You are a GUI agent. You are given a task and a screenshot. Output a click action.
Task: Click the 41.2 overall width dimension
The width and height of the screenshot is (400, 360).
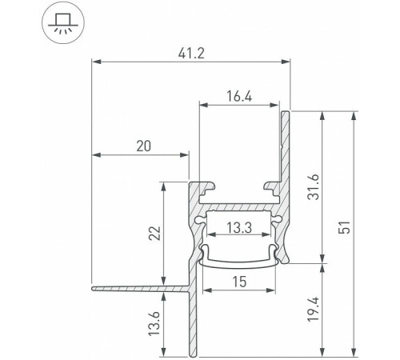pyautogui.click(x=190, y=53)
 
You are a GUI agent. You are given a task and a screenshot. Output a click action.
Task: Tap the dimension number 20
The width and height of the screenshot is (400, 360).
pyautogui.click(x=144, y=146)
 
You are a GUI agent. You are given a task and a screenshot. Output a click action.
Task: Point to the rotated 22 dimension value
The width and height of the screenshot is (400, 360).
pyautogui.click(x=156, y=232)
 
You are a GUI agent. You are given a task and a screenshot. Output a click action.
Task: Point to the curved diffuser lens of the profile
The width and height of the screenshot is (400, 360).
pyautogui.click(x=239, y=258)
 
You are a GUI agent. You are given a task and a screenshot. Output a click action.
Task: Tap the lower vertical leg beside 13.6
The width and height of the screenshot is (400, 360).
pyautogui.click(x=193, y=320)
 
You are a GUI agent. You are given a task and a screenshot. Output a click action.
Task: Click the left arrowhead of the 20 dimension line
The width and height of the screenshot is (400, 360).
pyautogui.click(x=95, y=153)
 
